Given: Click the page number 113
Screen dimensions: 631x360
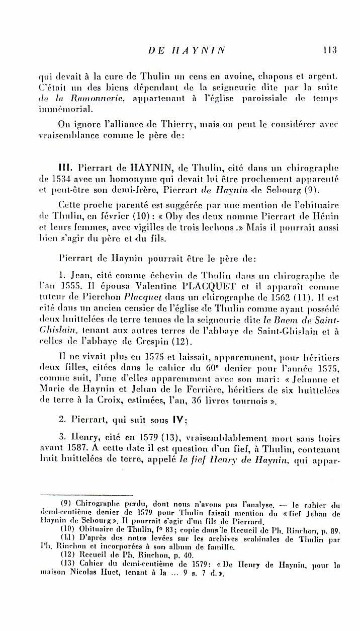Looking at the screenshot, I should [329, 50].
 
